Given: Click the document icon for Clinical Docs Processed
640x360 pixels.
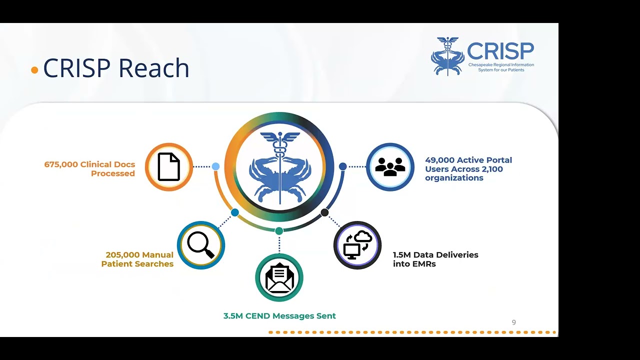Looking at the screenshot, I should (169, 167).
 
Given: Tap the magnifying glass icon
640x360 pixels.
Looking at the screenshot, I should (200, 245).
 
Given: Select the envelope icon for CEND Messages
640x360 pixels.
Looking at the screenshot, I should (279, 278).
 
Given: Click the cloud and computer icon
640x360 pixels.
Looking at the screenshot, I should (357, 245).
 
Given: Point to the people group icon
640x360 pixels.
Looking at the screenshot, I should (390, 167).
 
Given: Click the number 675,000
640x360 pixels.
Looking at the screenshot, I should (61, 164).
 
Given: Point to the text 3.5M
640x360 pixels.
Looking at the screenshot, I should (232, 316).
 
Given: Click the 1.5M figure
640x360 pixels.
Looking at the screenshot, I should (401, 255).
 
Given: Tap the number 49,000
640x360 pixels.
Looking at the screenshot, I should (439, 160).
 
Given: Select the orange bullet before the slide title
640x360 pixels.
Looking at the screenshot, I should (34, 70).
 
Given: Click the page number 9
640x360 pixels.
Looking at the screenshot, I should (513, 322).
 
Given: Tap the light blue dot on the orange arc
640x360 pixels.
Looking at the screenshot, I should (215, 166).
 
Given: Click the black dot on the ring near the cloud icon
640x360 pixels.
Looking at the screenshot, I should (324, 212).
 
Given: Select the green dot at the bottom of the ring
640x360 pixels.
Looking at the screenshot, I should (279, 230).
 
